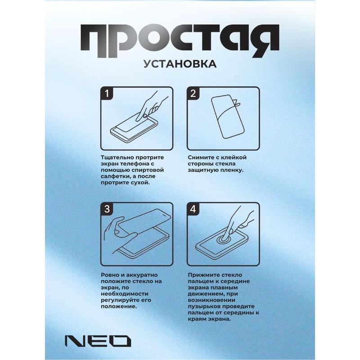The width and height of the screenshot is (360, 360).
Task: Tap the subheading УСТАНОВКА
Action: [180, 64]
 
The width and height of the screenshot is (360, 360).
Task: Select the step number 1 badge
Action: [107, 94]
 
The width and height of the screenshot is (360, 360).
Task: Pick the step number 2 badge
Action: [193, 94]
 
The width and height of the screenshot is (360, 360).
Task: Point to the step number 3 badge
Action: [107, 209]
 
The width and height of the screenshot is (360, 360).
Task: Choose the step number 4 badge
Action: [193, 209]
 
